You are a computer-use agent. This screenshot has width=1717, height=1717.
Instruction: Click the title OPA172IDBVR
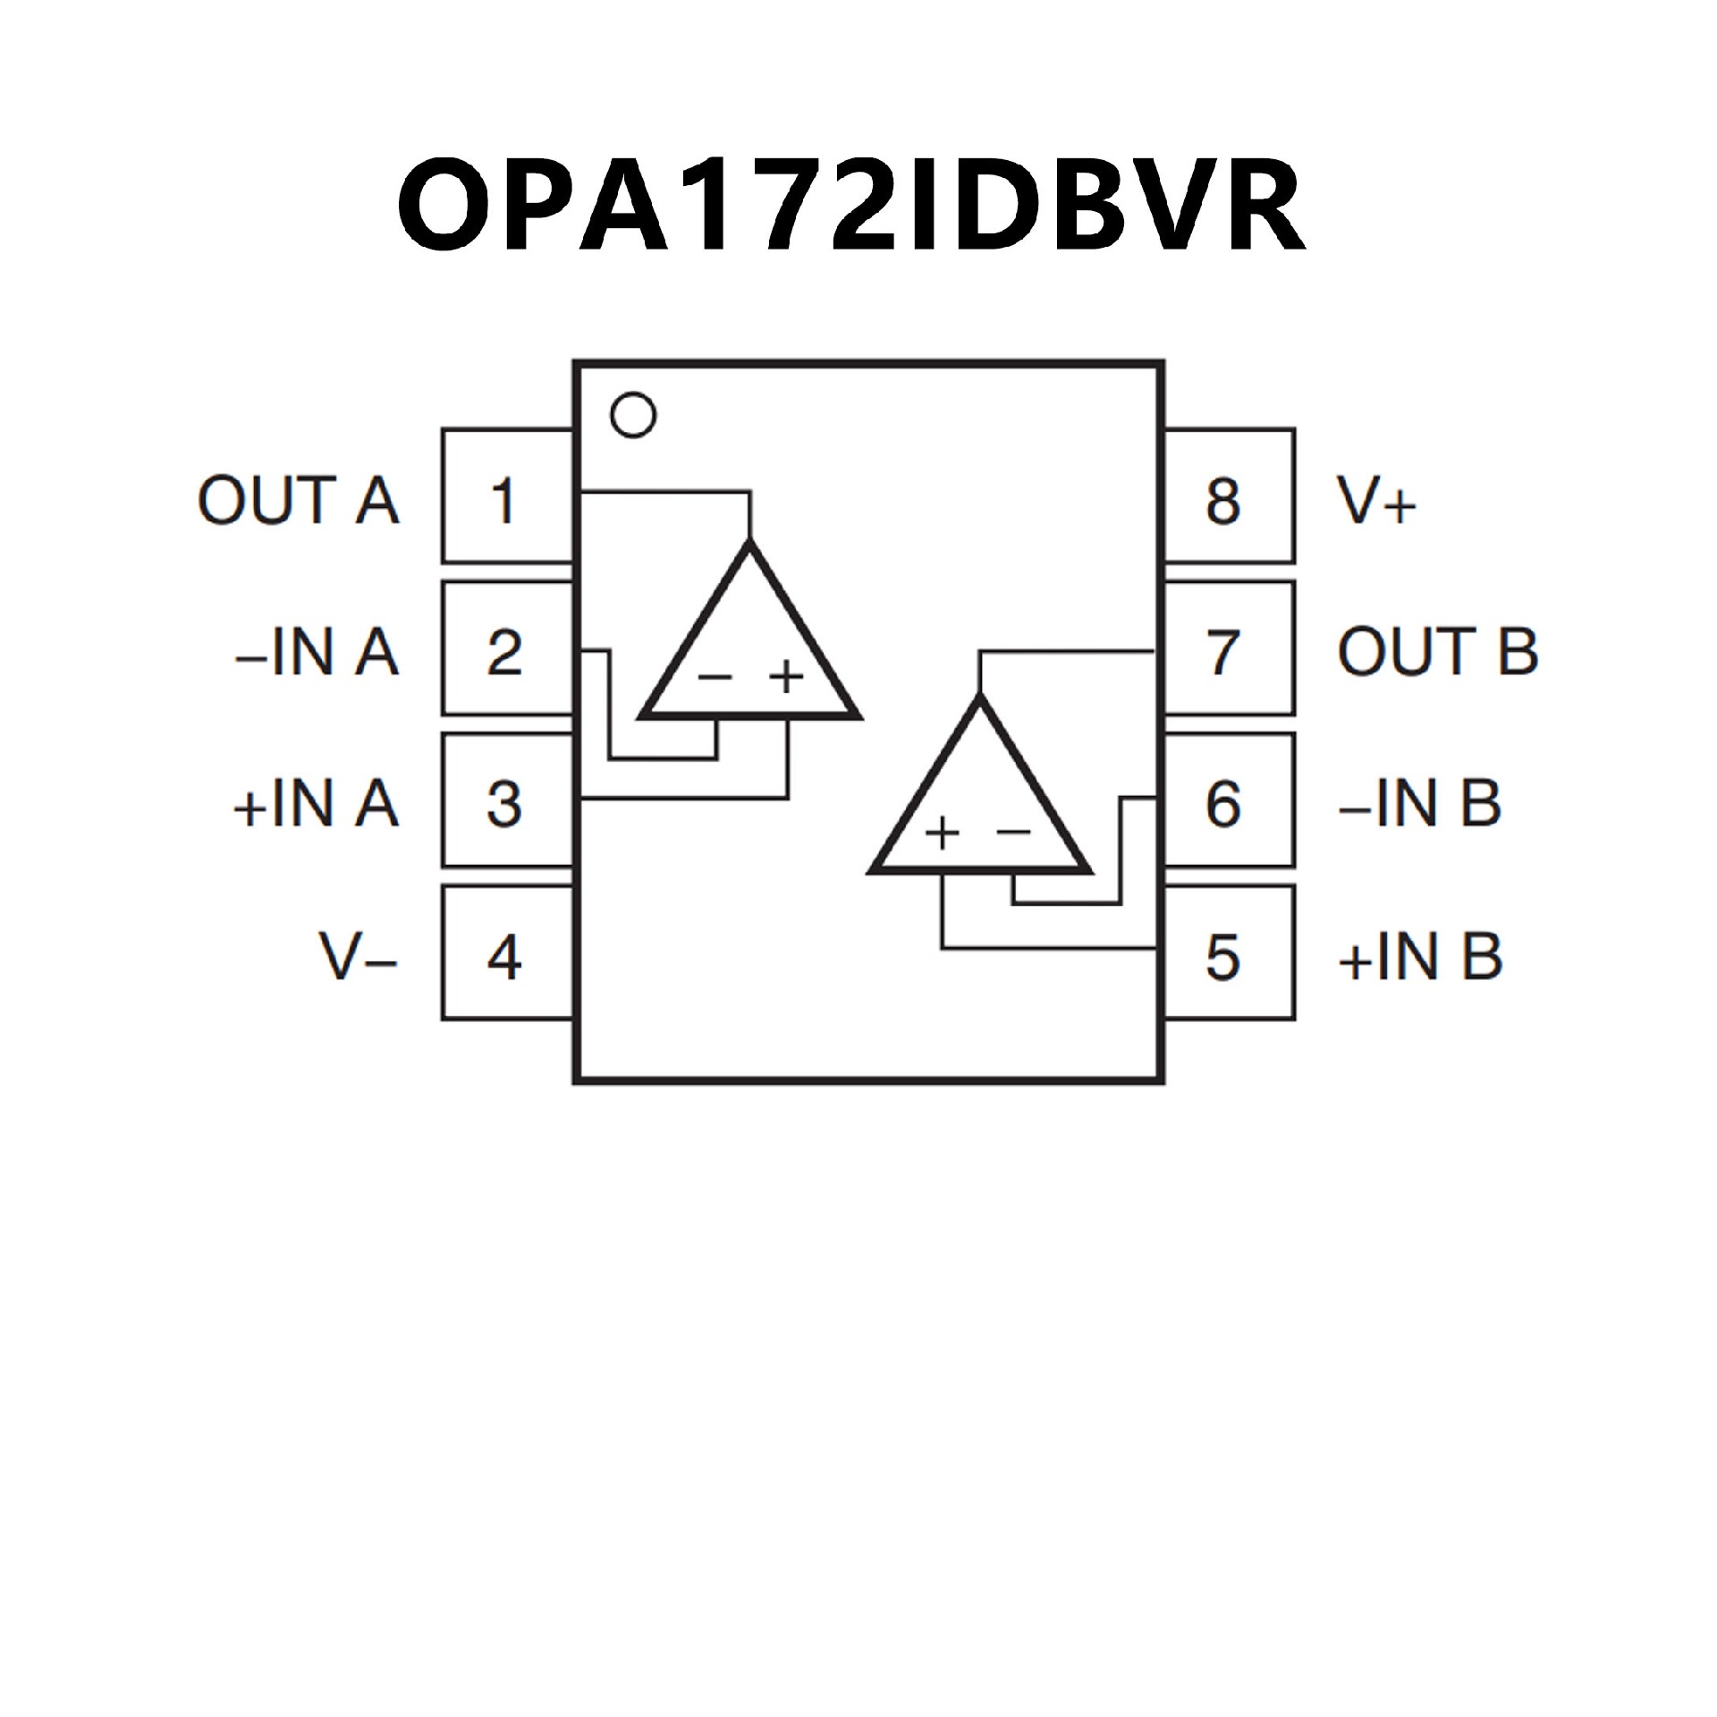[x=851, y=206]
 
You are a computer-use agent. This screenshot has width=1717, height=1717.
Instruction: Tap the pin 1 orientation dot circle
[x=632, y=415]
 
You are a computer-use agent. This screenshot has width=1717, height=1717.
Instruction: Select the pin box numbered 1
[x=507, y=497]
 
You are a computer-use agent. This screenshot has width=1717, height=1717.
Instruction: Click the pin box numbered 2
[x=507, y=650]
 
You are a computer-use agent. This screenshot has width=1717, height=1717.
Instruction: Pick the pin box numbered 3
[x=507, y=802]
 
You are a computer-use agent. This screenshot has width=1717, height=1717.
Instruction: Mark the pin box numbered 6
[x=1227, y=802]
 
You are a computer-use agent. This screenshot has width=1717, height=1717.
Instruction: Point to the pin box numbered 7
[x=1227, y=650]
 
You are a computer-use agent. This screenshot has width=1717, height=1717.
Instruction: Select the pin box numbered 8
[x=1227, y=497]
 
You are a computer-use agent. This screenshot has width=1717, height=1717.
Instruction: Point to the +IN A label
[x=316, y=803]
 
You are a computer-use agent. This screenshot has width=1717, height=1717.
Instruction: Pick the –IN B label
[x=1419, y=803]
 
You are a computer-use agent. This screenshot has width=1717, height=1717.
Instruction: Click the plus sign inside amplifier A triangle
[x=786, y=677]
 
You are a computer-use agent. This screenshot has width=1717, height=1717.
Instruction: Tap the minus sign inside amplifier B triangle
[x=1013, y=833]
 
